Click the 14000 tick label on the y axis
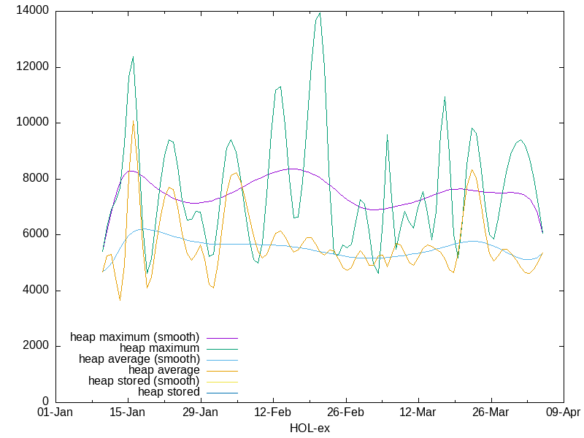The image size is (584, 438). point(34,11)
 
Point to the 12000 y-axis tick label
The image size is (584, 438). point(34,67)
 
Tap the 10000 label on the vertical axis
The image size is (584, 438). point(34,123)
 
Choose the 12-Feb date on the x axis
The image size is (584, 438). point(273,413)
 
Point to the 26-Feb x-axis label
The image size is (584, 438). point(345,413)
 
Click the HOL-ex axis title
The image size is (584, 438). point(310,429)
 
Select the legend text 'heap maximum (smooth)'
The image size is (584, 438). point(134,337)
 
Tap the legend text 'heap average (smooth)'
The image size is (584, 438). point(139,359)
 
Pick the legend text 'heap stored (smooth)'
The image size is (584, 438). point(144,381)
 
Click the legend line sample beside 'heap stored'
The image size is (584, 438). point(222,392)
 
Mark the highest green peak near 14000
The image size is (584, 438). point(320,12)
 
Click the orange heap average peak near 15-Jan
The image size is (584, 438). point(133,121)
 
